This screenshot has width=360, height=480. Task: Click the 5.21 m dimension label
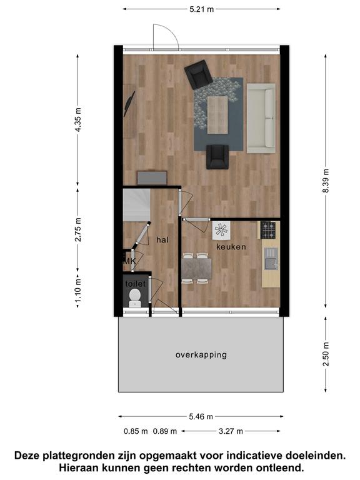click(x=201, y=9)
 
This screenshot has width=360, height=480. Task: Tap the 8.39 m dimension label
click(x=326, y=181)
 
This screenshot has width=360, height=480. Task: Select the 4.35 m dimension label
click(x=78, y=120)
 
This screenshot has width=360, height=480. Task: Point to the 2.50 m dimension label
click(x=326, y=354)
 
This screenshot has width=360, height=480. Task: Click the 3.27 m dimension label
click(x=231, y=431)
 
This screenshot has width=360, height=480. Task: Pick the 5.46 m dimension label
click(x=201, y=417)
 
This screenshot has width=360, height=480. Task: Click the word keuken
click(x=231, y=247)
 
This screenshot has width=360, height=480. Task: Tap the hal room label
click(x=162, y=240)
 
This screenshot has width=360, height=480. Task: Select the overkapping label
click(x=201, y=355)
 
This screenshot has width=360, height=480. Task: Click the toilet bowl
click(x=135, y=297)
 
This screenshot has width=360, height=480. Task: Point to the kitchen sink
click(x=271, y=259)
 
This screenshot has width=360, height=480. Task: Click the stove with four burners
click(x=268, y=230)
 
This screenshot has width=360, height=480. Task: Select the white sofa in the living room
click(x=261, y=118)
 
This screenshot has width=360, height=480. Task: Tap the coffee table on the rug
click(x=217, y=115)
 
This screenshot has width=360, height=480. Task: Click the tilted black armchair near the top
click(x=198, y=74)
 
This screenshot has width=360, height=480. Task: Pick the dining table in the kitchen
click(x=196, y=268)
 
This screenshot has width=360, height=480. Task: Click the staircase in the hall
click(x=136, y=205)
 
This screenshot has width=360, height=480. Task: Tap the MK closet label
click(x=129, y=261)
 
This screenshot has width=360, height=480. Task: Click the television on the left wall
click(x=129, y=104)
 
